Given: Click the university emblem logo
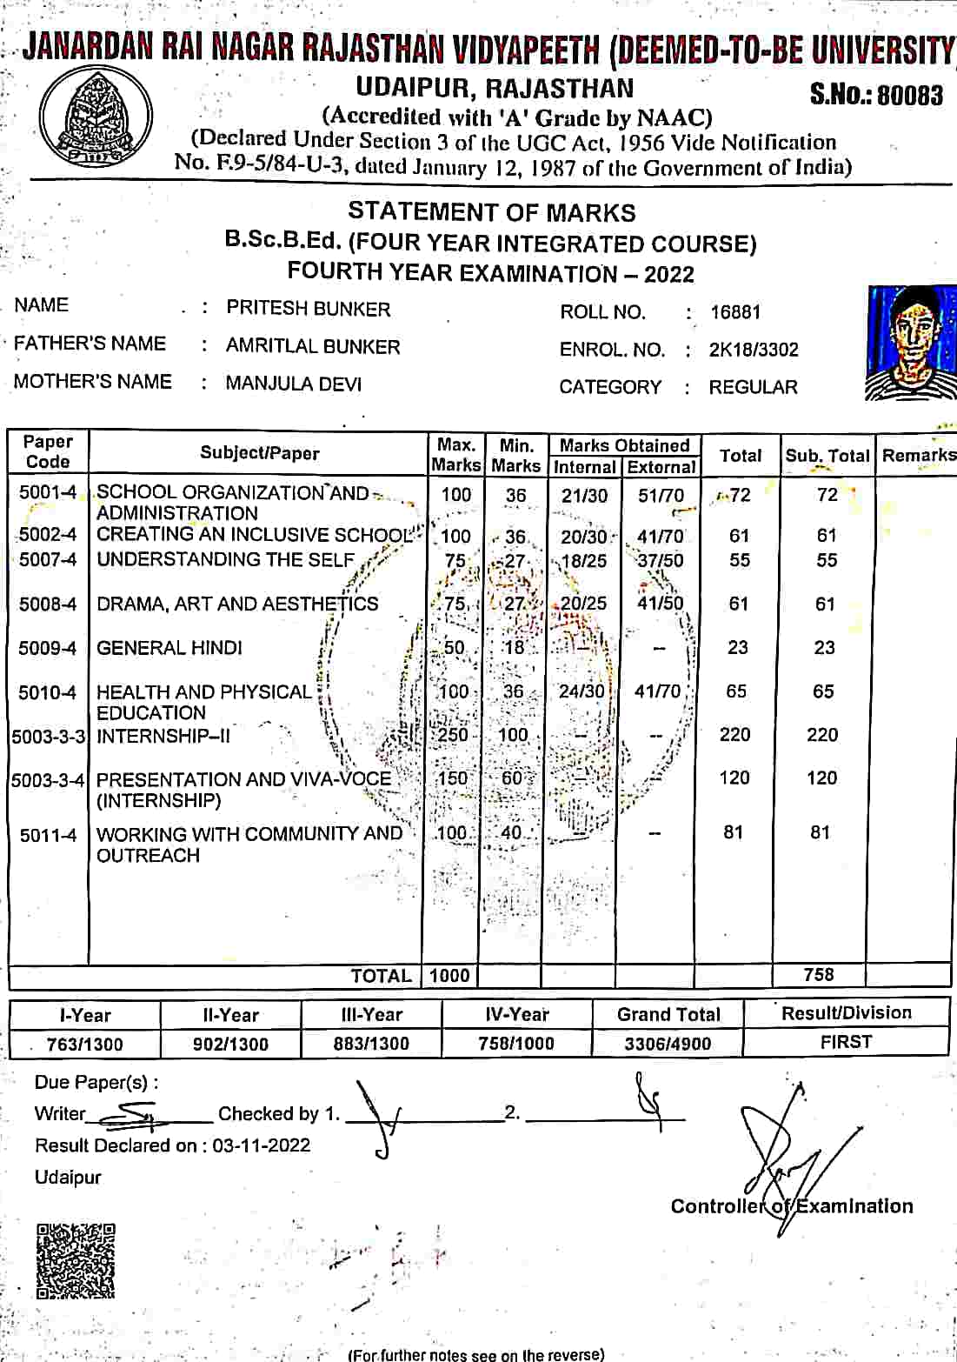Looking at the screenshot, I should click(x=96, y=121).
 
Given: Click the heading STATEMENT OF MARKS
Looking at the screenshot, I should click(x=492, y=212).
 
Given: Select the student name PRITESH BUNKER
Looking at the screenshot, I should click(x=309, y=309).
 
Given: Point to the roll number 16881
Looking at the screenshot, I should click(x=735, y=312).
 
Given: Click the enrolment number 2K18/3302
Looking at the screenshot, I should click(x=754, y=350).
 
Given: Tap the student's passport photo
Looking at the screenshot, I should click(x=911, y=344).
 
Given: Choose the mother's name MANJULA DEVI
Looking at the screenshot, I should click(x=294, y=384).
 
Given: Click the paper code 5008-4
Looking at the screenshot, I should click(x=48, y=604).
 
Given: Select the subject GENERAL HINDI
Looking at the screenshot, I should click(x=169, y=648).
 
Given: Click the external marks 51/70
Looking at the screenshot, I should click(x=661, y=496).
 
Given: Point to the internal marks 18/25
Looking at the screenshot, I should click(x=584, y=561).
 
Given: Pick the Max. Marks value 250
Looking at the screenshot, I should click(x=452, y=735).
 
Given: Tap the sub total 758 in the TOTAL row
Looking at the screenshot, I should click(x=819, y=975).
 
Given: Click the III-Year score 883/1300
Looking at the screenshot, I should click(x=371, y=1044).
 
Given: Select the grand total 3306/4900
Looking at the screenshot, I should click(x=668, y=1044).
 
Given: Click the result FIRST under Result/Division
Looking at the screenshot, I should click(x=846, y=1042).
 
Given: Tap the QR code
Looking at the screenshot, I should click(x=76, y=1262).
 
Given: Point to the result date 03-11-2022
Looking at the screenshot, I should click(x=261, y=1145).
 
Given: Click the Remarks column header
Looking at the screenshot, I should click(x=919, y=455).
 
